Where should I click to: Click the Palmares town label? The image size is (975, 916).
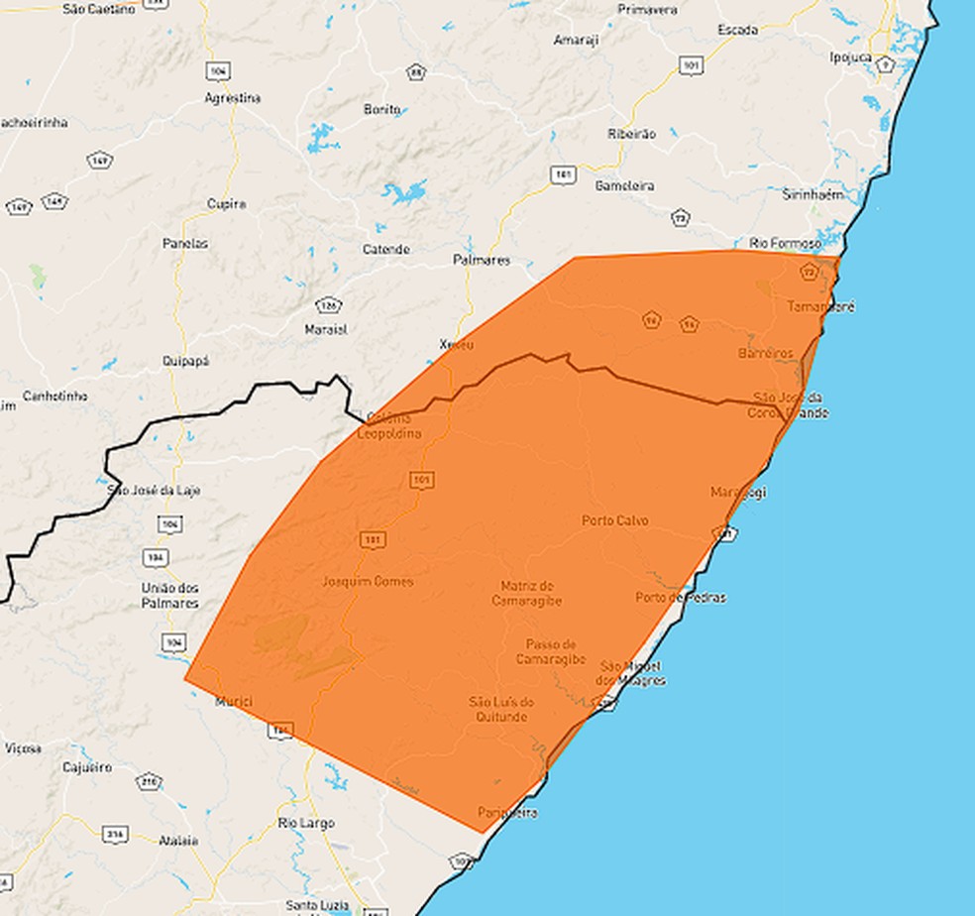[x=481, y=260]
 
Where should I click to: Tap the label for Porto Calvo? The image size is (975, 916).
[x=615, y=520]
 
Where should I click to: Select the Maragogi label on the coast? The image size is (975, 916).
[x=738, y=493]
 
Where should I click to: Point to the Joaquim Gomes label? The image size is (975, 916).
[x=369, y=582]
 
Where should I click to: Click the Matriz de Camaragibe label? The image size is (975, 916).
[x=527, y=593]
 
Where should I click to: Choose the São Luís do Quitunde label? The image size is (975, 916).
[x=502, y=709]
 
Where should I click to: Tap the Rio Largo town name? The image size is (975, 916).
[x=306, y=823]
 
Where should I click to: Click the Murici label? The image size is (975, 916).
[x=234, y=702]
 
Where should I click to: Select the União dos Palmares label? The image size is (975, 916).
[x=169, y=596]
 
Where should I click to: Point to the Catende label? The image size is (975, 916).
[x=385, y=250]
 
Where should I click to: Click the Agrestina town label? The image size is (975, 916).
[x=232, y=98]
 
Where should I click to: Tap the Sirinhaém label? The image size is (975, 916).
[x=812, y=194]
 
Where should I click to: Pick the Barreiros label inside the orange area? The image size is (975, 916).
[x=766, y=354]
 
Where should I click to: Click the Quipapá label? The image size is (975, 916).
[x=185, y=362]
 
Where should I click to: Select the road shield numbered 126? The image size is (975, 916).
[x=328, y=304]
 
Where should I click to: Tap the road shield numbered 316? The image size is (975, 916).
[x=115, y=836]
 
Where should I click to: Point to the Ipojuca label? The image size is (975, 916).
[x=850, y=57]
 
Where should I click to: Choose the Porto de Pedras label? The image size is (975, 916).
[x=681, y=598]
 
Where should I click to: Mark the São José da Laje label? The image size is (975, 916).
[x=152, y=490]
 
